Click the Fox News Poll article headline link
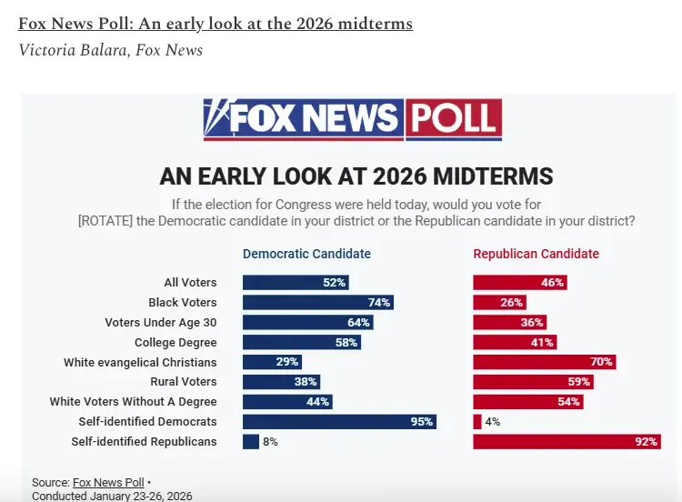tap(215, 24)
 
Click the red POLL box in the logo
tap(453, 119)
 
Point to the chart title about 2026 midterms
tap(356, 176)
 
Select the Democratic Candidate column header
tap(306, 254)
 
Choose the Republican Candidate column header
tap(536, 254)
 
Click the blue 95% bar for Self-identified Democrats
tap(339, 422)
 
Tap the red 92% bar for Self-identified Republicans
tap(567, 442)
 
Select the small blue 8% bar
tap(250, 442)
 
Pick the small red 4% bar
tap(477, 422)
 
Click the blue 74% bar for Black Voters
tap(317, 303)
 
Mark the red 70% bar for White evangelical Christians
tap(544, 362)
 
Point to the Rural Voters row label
tap(184, 382)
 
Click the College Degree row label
tap(176, 343)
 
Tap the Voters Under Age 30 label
tap(161, 323)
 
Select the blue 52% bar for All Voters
tap(296, 283)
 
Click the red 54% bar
tap(527, 402)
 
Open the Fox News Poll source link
tap(108, 482)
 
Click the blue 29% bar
tap(272, 362)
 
